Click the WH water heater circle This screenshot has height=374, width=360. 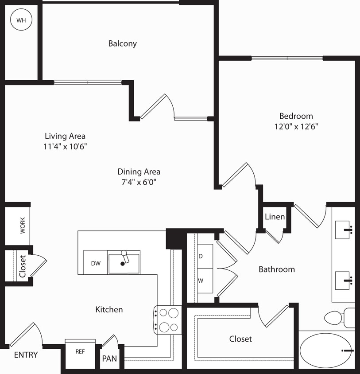tap(21, 20)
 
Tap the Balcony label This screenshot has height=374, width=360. tap(123, 43)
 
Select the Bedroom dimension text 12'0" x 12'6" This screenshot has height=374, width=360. tap(296, 126)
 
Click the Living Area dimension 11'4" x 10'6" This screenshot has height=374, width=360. tap(65, 147)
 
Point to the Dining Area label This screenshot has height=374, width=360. tap(139, 171)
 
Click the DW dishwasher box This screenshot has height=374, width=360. tap(96, 263)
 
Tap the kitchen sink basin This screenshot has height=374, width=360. tap(124, 263)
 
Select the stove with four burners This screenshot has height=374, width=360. tap(168, 320)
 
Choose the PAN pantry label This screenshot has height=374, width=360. tap(109, 358)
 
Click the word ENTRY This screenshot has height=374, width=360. tap(26, 355)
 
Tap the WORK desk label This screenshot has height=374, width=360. tap(23, 226)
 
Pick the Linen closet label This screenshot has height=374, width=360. tap(275, 217)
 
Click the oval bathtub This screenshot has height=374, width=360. tap(326, 350)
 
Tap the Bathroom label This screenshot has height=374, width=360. tap(277, 269)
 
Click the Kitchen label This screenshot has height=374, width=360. tap(109, 309)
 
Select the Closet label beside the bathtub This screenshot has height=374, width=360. tap(240, 339)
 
